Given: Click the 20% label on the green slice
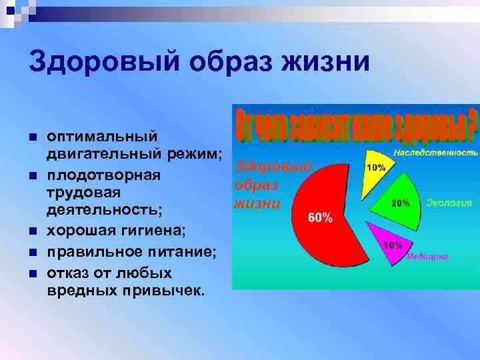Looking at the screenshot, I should [401, 204].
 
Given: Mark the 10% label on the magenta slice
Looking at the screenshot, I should [391, 245].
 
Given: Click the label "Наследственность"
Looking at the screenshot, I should [435, 153].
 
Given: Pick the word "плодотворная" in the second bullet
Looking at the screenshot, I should [103, 175].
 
